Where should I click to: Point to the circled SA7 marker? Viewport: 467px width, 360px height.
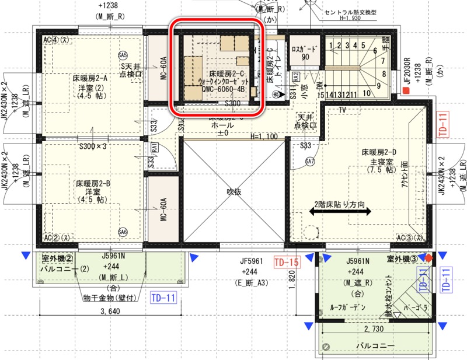(x=310, y=161)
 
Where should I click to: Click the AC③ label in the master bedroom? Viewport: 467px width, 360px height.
(x=408, y=238)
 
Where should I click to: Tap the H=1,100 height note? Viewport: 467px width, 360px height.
(x=265, y=137)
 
